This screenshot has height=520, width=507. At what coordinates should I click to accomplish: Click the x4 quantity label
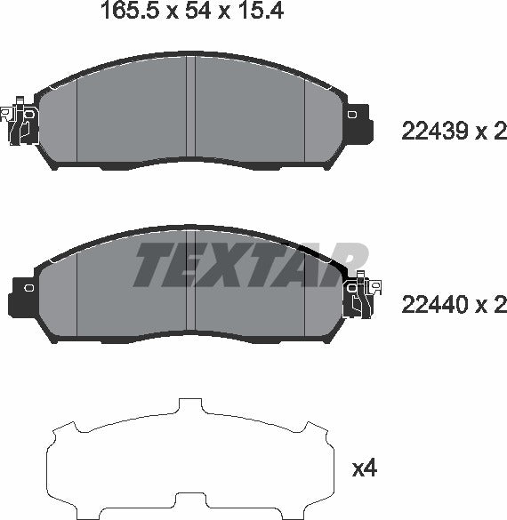click(x=365, y=468)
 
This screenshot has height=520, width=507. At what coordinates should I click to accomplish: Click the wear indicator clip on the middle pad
click(x=361, y=297)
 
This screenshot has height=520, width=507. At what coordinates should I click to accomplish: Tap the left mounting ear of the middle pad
click(x=21, y=292)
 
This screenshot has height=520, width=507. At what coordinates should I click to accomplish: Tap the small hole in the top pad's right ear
click(x=354, y=114)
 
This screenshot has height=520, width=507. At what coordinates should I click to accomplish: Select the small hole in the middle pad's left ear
click(x=27, y=288)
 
